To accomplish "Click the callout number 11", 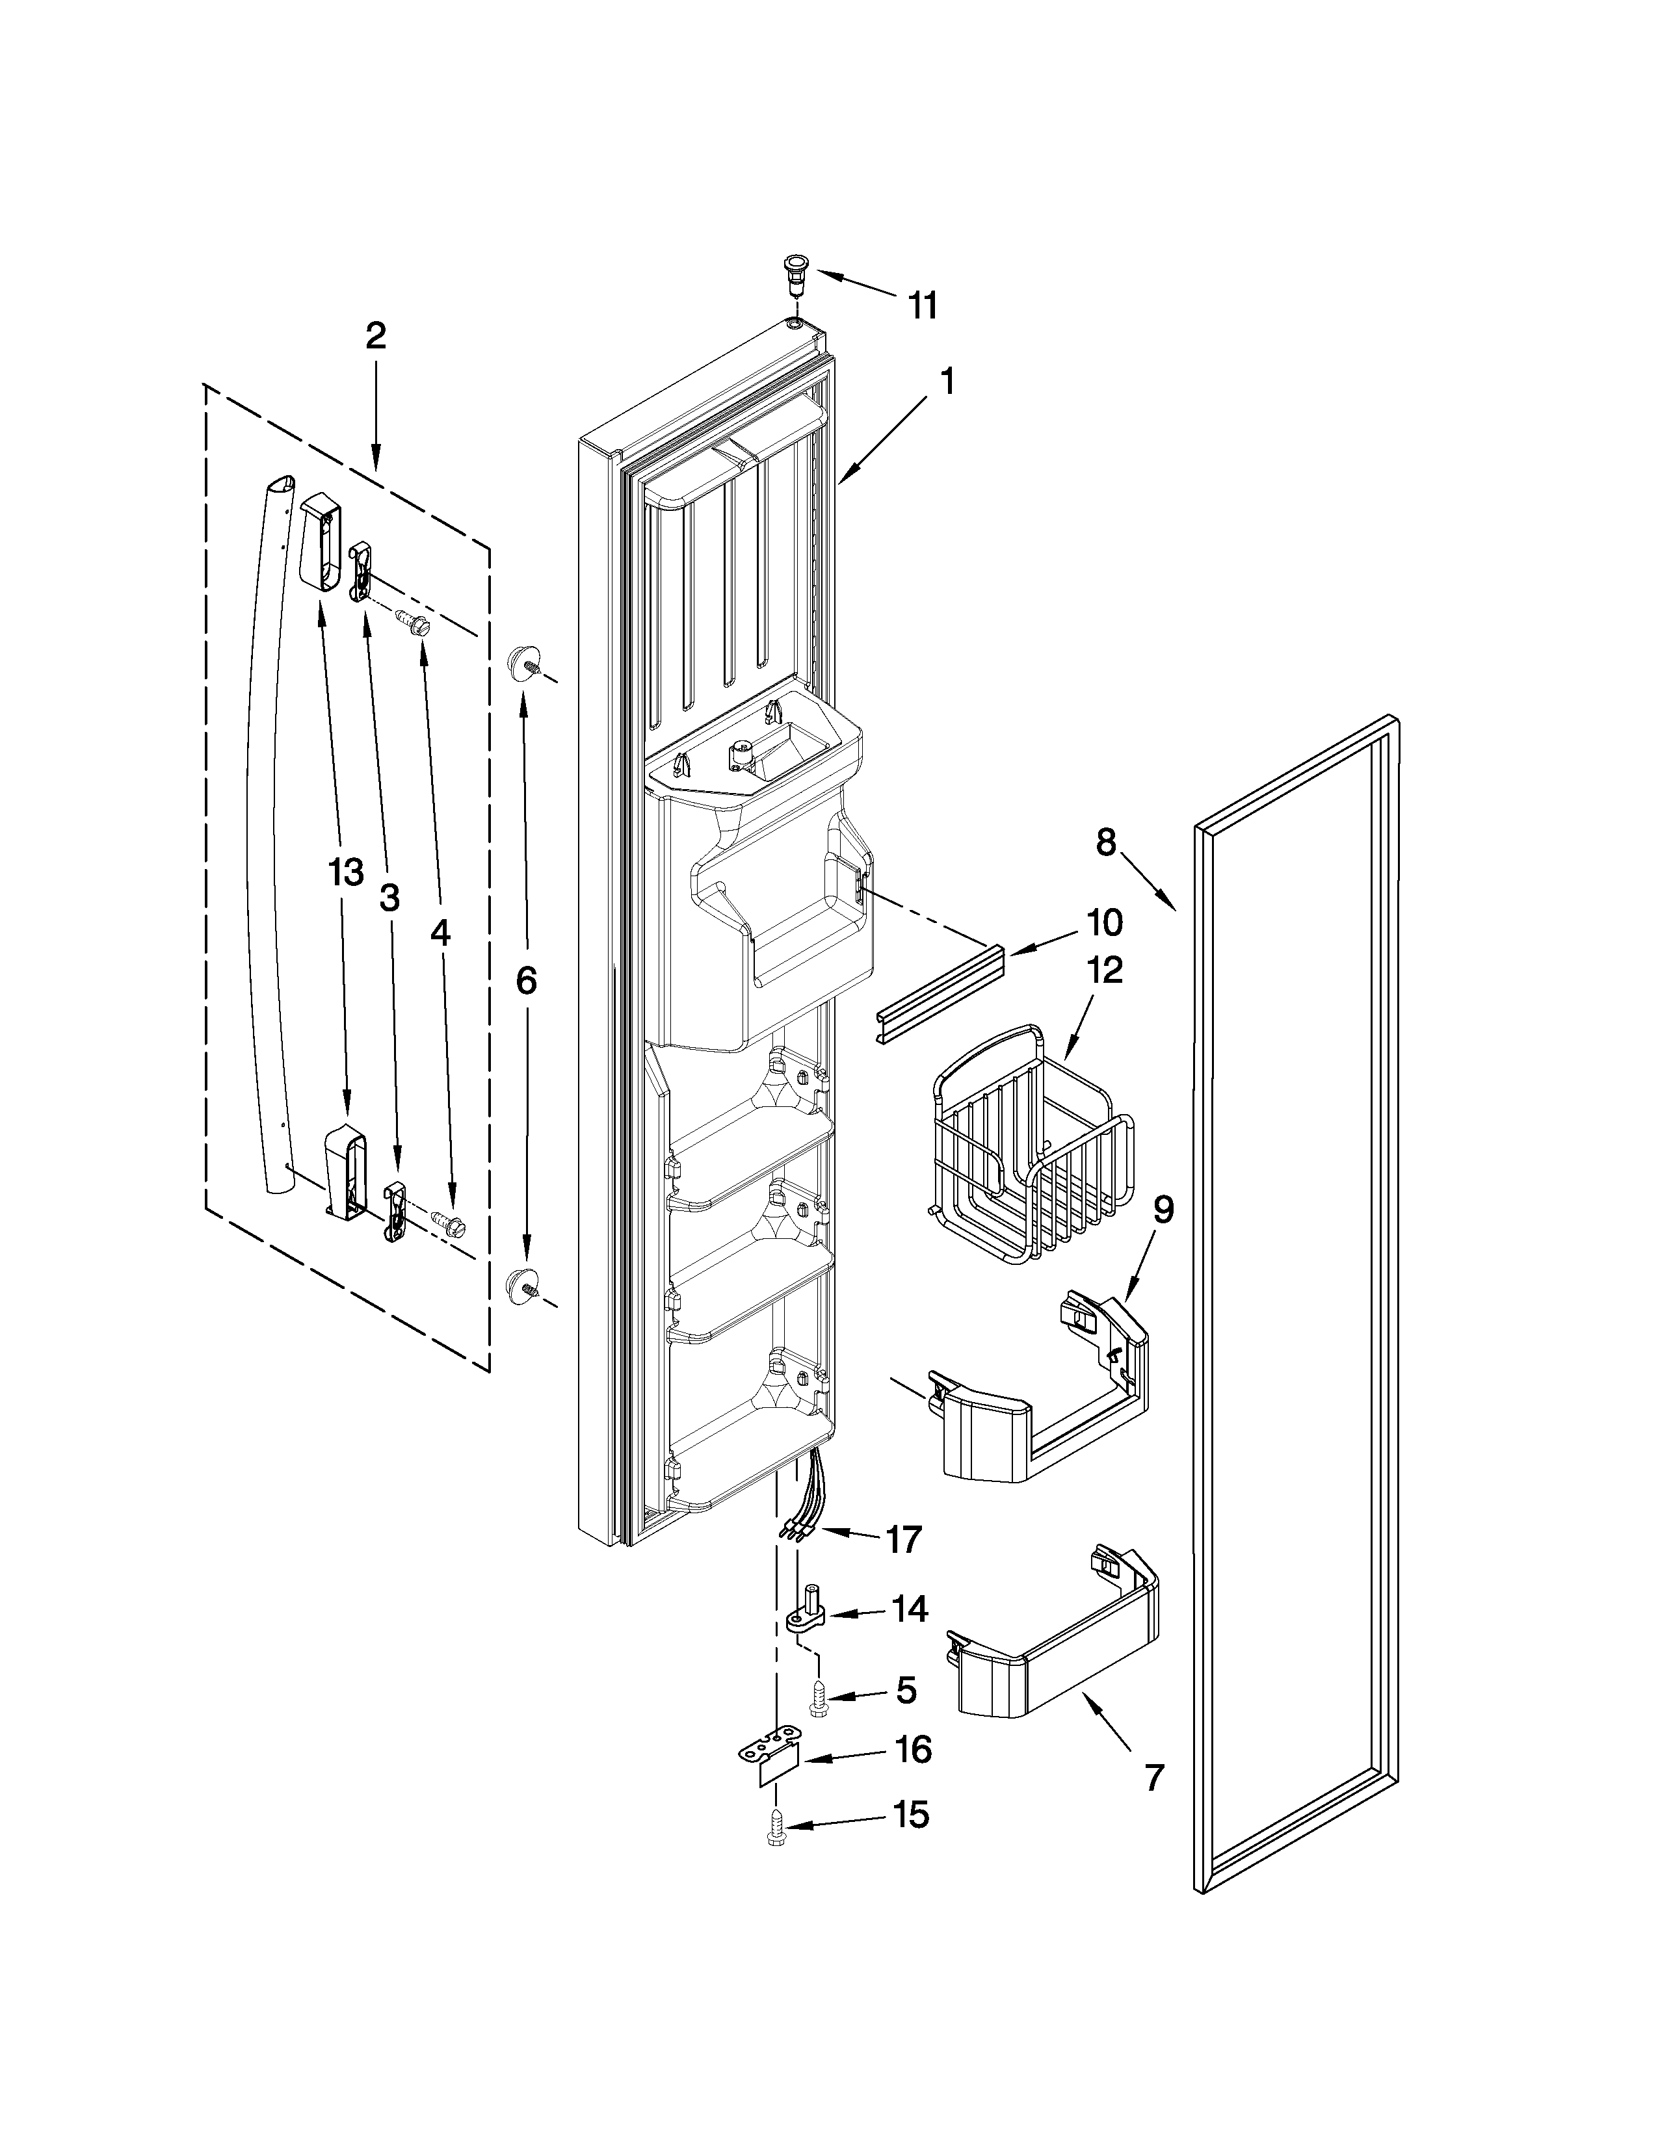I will (921, 305).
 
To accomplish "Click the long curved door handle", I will (265, 835).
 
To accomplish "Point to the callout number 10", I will (1104, 923).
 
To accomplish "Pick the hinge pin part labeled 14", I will (809, 1614).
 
